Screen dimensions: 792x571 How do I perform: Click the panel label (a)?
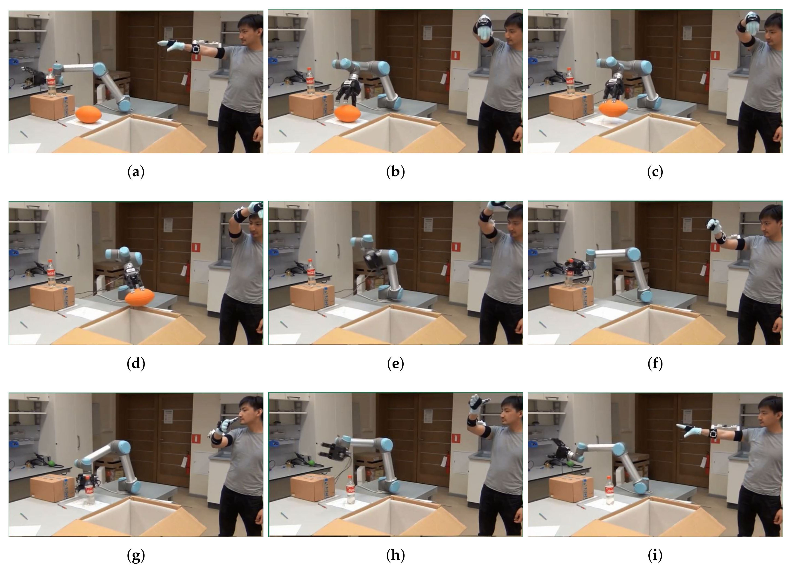tap(136, 172)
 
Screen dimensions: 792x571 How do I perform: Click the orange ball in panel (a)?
tap(89, 114)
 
